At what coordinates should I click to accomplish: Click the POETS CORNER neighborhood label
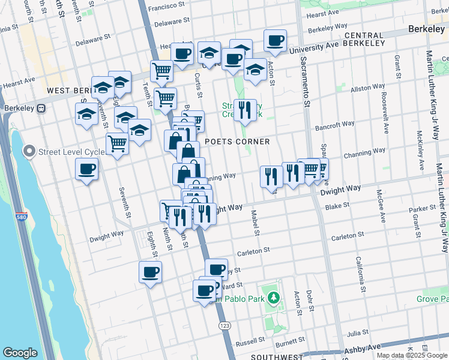[237, 142]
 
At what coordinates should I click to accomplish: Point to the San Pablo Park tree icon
[274, 297]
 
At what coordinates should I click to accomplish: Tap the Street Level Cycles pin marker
[29, 151]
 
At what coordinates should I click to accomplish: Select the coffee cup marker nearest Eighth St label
[150, 272]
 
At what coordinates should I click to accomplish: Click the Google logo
[20, 353]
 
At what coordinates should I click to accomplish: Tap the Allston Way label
[367, 88]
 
